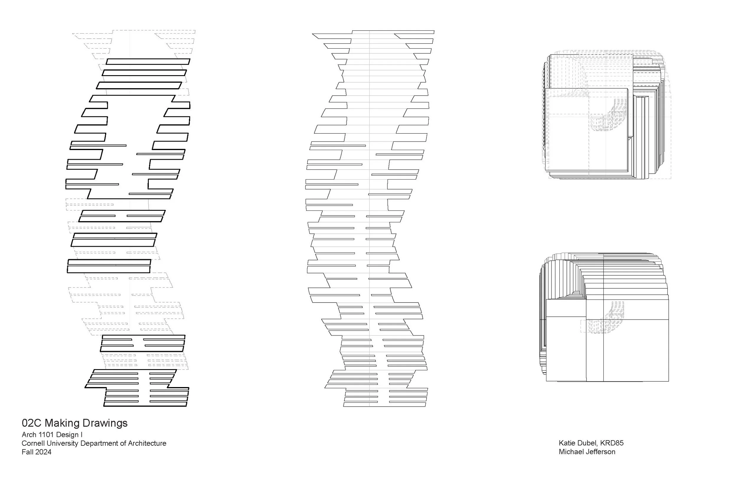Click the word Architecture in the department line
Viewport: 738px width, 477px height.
coord(147,444)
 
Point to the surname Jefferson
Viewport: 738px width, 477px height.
coord(600,452)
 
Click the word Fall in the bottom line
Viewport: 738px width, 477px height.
coord(27,452)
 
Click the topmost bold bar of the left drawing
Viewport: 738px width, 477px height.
coord(148,62)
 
